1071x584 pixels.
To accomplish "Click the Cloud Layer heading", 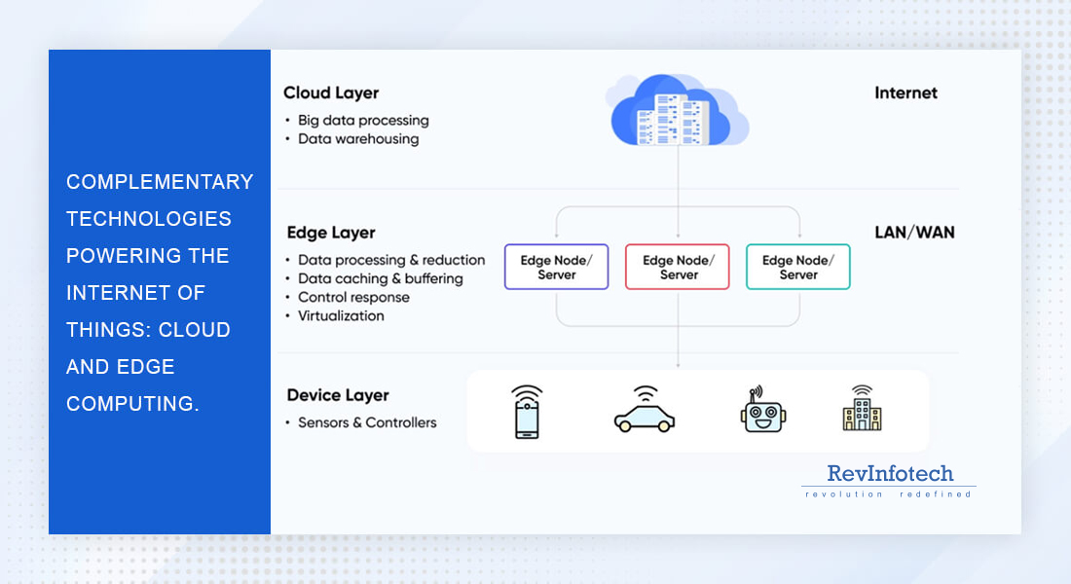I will coord(331,93).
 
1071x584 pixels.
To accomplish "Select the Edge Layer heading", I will coord(331,234).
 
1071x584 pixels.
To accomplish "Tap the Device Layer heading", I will coord(338,395).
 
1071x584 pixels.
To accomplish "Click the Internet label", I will coord(905,93).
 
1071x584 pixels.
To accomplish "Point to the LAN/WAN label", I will coord(914,233).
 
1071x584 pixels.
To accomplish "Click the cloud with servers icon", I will coord(678,112).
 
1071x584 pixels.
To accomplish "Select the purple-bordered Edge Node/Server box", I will coord(557,267).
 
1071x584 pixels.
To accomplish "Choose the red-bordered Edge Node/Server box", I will coord(678,267).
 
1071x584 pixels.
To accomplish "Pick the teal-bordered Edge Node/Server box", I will coord(798,267).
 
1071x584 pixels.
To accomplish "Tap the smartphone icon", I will coord(527,412).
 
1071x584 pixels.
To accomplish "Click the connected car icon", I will coord(645,412).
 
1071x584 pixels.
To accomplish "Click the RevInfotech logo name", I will coord(890,474).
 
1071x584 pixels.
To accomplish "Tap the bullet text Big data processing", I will coord(363,121).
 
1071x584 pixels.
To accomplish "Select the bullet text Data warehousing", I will coord(358,139).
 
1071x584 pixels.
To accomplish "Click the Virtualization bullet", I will coord(341,316).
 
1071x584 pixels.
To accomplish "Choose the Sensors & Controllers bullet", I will coord(367,422).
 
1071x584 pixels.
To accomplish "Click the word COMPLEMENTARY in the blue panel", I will coord(160,182).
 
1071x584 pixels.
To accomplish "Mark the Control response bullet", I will coord(353,298).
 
